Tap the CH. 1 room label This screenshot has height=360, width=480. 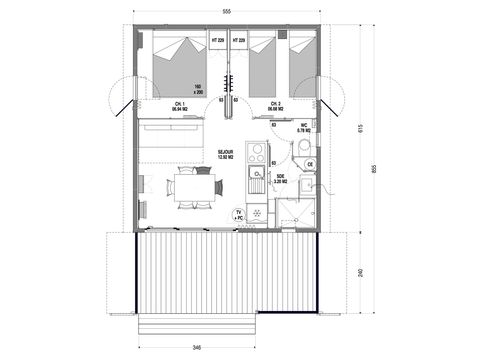click(x=180, y=105)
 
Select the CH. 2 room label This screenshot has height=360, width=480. click(x=275, y=105)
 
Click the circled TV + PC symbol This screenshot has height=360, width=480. click(x=238, y=215)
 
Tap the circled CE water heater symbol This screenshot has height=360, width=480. click(x=311, y=164)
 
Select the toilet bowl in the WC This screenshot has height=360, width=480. click(x=299, y=149)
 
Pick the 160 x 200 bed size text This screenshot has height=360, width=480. click(x=198, y=88)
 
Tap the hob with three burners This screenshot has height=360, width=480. click(x=256, y=153)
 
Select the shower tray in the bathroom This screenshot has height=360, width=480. click(x=296, y=211)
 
